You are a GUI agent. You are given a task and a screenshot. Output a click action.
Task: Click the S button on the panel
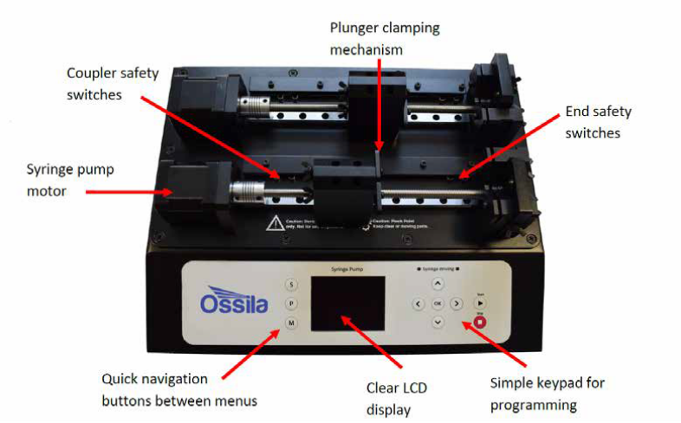pyautogui.click(x=291, y=284)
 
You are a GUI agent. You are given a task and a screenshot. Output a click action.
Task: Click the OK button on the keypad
pyautogui.click(x=438, y=304)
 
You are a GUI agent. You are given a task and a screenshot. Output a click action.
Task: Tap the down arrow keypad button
pyautogui.click(x=438, y=323)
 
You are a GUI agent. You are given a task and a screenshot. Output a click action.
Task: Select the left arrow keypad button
pyautogui.click(x=418, y=304)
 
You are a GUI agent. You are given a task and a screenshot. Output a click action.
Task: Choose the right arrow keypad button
pyautogui.click(x=457, y=304)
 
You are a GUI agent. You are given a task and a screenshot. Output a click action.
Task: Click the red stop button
pyautogui.click(x=480, y=322)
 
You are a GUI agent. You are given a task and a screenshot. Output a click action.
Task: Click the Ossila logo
pyautogui.click(x=235, y=304)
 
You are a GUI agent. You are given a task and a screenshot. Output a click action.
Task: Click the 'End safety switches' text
pyautogui.click(x=599, y=122)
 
